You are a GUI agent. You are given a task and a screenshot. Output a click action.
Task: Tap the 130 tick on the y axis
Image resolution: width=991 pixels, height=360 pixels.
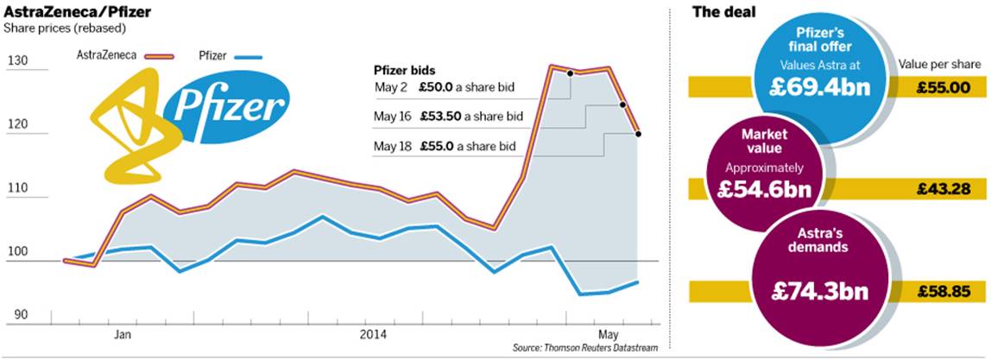[x=17, y=60]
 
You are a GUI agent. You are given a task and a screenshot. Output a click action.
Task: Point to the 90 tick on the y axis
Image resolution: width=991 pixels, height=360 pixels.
[x=17, y=316]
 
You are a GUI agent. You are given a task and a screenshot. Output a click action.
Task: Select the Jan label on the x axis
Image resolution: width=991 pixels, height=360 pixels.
[x=123, y=333]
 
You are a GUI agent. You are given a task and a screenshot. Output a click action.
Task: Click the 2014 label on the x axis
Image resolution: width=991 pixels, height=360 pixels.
[x=372, y=333]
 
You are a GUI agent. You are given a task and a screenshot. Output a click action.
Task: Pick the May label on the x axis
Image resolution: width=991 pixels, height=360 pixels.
[x=609, y=333]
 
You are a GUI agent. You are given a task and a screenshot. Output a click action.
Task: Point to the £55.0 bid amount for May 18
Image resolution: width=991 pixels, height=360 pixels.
[x=439, y=146]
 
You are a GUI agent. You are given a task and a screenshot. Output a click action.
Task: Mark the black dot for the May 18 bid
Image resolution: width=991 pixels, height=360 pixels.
[x=638, y=133]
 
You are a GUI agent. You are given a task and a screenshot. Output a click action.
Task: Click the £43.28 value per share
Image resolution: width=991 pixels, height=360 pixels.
[x=944, y=188]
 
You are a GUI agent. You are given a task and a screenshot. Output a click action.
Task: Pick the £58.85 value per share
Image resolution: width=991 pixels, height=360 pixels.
[x=944, y=291]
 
